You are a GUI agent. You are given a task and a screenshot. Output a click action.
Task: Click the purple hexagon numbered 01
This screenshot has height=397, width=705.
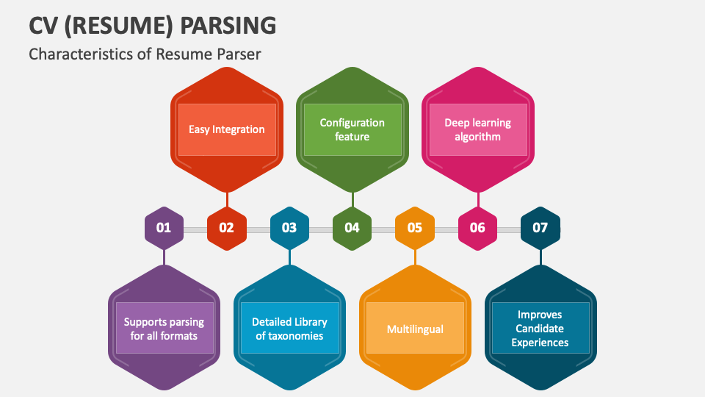point(164,228)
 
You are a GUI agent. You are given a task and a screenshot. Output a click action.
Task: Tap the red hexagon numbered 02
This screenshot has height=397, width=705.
point(226,228)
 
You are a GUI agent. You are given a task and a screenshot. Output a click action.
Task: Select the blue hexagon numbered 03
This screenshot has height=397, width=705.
point(289,228)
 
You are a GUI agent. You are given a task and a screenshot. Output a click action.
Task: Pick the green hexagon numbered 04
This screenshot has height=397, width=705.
point(352,228)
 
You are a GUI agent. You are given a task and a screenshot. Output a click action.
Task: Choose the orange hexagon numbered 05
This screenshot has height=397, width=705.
point(415,228)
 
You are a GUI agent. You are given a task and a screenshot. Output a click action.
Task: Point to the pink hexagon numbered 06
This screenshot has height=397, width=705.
point(477,228)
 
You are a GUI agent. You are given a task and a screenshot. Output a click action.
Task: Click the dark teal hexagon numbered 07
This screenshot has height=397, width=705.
point(540,228)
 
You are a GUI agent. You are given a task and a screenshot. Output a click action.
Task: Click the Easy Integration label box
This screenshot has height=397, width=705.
point(227,129)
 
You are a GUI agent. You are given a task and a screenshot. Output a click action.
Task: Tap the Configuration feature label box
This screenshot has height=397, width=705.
point(352,129)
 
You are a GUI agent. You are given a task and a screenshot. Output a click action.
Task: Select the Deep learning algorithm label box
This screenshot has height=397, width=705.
point(478,129)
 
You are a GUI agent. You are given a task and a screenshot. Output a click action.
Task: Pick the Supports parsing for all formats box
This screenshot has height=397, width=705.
point(164,329)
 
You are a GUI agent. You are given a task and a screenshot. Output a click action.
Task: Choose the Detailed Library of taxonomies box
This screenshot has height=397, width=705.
point(289,329)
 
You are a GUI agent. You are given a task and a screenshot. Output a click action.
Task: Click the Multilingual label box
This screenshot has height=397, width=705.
point(415,329)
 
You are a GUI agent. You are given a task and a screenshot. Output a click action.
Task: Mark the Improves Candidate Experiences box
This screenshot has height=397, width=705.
point(540,329)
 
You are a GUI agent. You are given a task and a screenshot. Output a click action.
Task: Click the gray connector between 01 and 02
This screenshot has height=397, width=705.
point(195,230)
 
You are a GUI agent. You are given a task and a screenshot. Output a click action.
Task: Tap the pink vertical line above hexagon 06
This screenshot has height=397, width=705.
point(478,200)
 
